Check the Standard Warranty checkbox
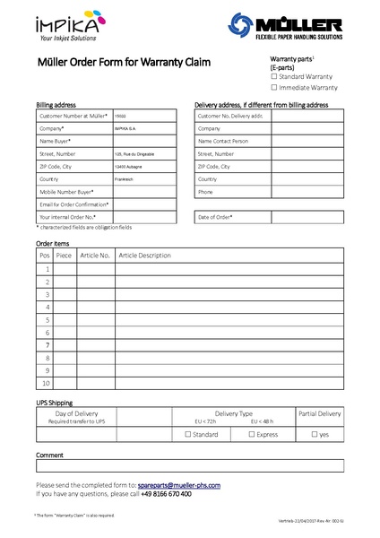pyautogui.click(x=274, y=76)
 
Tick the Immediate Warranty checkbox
pyautogui.click(x=274, y=88)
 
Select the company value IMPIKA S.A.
pyautogui.click(x=125, y=128)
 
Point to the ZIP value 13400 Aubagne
pyautogui.click(x=127, y=166)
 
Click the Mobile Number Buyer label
pyautogui.click(x=67, y=192)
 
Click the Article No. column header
pyautogui.click(x=95, y=256)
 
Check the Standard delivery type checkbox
pyautogui.click(x=187, y=435)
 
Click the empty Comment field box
pyautogui.click(x=189, y=465)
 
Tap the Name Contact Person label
pyautogui.click(x=223, y=141)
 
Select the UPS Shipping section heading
pyautogui.click(x=54, y=403)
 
